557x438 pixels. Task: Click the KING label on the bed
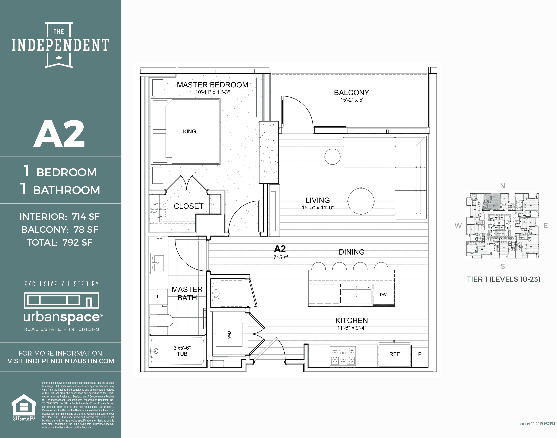pyautogui.click(x=189, y=132)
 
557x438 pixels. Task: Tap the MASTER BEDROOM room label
pyautogui.click(x=213, y=85)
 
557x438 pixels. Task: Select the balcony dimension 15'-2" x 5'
pyautogui.click(x=352, y=100)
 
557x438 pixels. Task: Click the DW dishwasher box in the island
pyautogui.click(x=383, y=295)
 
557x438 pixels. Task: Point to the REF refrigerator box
pyautogui.click(x=394, y=354)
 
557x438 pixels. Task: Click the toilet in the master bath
pyautogui.click(x=162, y=321)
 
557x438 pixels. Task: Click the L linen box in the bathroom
pyautogui.click(x=158, y=297)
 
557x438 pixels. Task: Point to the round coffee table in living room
pyautogui.click(x=361, y=201)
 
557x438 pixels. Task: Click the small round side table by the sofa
pyautogui.click(x=332, y=157)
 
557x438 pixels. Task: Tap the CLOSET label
pyautogui.click(x=189, y=206)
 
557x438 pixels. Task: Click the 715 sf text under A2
pyautogui.click(x=280, y=257)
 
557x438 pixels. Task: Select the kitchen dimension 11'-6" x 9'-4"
pyautogui.click(x=352, y=328)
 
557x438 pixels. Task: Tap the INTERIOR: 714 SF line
pyautogui.click(x=60, y=217)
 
